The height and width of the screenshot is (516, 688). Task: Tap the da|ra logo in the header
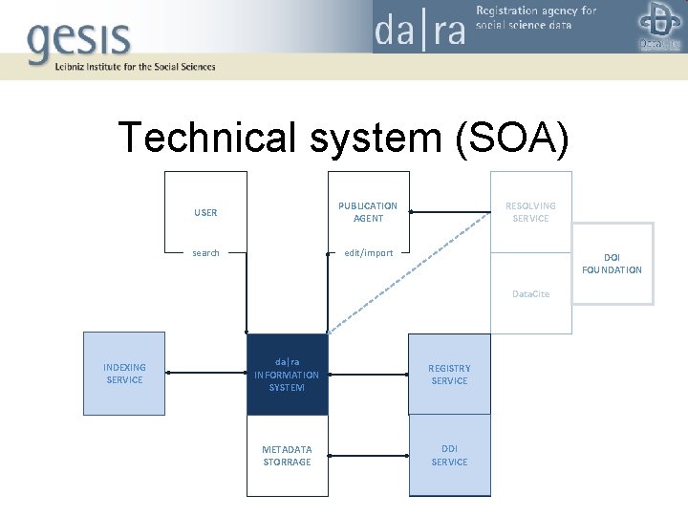point(419,28)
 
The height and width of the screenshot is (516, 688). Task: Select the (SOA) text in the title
point(512,138)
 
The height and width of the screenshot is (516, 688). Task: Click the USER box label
point(205,212)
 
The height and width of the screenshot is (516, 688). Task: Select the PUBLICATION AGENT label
point(368,212)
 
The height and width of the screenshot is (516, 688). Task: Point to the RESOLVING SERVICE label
point(530,212)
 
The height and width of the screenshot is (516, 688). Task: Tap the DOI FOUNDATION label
point(612,264)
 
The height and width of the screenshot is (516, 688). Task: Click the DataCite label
point(530,293)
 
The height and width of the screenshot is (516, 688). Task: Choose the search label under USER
point(205,253)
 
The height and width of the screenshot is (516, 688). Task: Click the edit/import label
point(369,253)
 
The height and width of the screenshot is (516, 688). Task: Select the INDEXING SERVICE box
point(124,374)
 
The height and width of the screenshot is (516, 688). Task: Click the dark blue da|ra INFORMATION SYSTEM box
point(287,374)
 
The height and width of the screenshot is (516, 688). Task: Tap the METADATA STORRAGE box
point(287,456)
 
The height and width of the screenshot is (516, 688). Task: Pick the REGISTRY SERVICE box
point(449,374)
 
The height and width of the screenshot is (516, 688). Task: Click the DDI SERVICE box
point(449,456)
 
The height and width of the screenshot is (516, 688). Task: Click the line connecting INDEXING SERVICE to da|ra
point(205,374)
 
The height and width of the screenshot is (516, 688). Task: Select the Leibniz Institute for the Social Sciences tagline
point(122,67)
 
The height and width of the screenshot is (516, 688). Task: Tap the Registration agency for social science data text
point(536,17)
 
